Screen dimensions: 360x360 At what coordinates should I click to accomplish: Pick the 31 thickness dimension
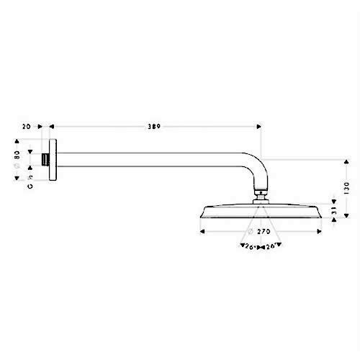(333, 212)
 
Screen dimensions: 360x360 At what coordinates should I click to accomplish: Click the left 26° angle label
(247, 246)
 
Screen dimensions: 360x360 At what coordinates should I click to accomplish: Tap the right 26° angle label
(271, 246)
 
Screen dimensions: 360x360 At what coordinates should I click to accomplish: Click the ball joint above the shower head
(261, 195)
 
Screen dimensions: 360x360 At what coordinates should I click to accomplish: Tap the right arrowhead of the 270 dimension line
(319, 233)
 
